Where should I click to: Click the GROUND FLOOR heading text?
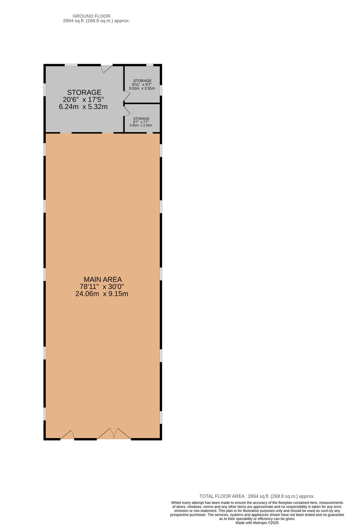tap(91, 16)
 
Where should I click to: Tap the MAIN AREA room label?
tap(103, 279)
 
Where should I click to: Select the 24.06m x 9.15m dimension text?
tap(102, 294)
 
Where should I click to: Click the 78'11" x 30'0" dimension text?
tap(102, 287)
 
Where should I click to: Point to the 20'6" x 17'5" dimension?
tap(83, 100)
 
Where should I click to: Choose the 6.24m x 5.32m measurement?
tap(83, 107)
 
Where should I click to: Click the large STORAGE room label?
tap(84, 93)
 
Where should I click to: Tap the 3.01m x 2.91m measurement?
tap(142, 88)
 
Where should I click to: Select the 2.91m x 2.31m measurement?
tap(141, 125)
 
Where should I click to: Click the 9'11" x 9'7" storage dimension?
tap(142, 84)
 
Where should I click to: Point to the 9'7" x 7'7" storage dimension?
tap(141, 122)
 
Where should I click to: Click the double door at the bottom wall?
tap(114, 434)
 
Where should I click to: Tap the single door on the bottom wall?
tap(67, 435)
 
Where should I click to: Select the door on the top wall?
tap(106, 68)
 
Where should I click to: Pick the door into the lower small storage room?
tap(127, 111)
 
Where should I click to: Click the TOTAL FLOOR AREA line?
tap(257, 496)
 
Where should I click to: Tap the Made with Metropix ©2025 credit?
tap(257, 523)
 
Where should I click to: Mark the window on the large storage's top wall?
tap(71, 65)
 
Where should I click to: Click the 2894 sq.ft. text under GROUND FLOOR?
tap(96, 21)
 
